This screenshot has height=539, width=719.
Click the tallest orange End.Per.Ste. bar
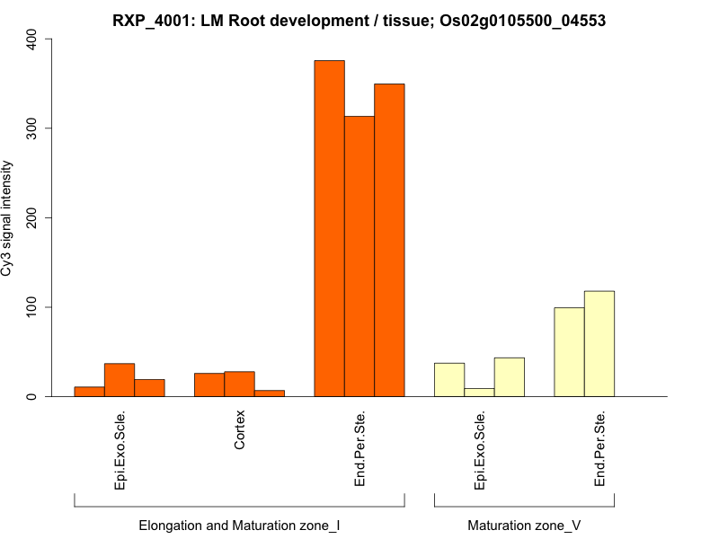pos(329,228)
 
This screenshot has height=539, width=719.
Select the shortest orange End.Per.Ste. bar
pos(359,256)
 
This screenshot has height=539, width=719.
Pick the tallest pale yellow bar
pos(599,343)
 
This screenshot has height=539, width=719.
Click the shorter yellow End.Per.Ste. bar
pos(569,352)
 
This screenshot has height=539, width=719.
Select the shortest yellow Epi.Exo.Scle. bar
pos(479,392)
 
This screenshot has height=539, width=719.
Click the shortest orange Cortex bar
pos(270,393)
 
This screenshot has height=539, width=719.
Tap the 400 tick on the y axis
pos(33,39)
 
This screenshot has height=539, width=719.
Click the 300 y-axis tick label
pos(33,128)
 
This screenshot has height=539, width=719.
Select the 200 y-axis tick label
pos(33,218)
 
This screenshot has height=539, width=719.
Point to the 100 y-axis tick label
pos(33,307)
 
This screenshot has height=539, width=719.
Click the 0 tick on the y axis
pos(33,396)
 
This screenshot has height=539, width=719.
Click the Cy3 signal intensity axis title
pos(8,218)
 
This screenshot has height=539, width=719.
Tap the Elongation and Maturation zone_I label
pos(239,525)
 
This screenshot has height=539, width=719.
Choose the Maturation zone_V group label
pos(524,525)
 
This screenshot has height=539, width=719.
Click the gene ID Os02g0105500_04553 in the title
pos(521,20)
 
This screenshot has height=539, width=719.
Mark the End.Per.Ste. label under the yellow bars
pos(599,449)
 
